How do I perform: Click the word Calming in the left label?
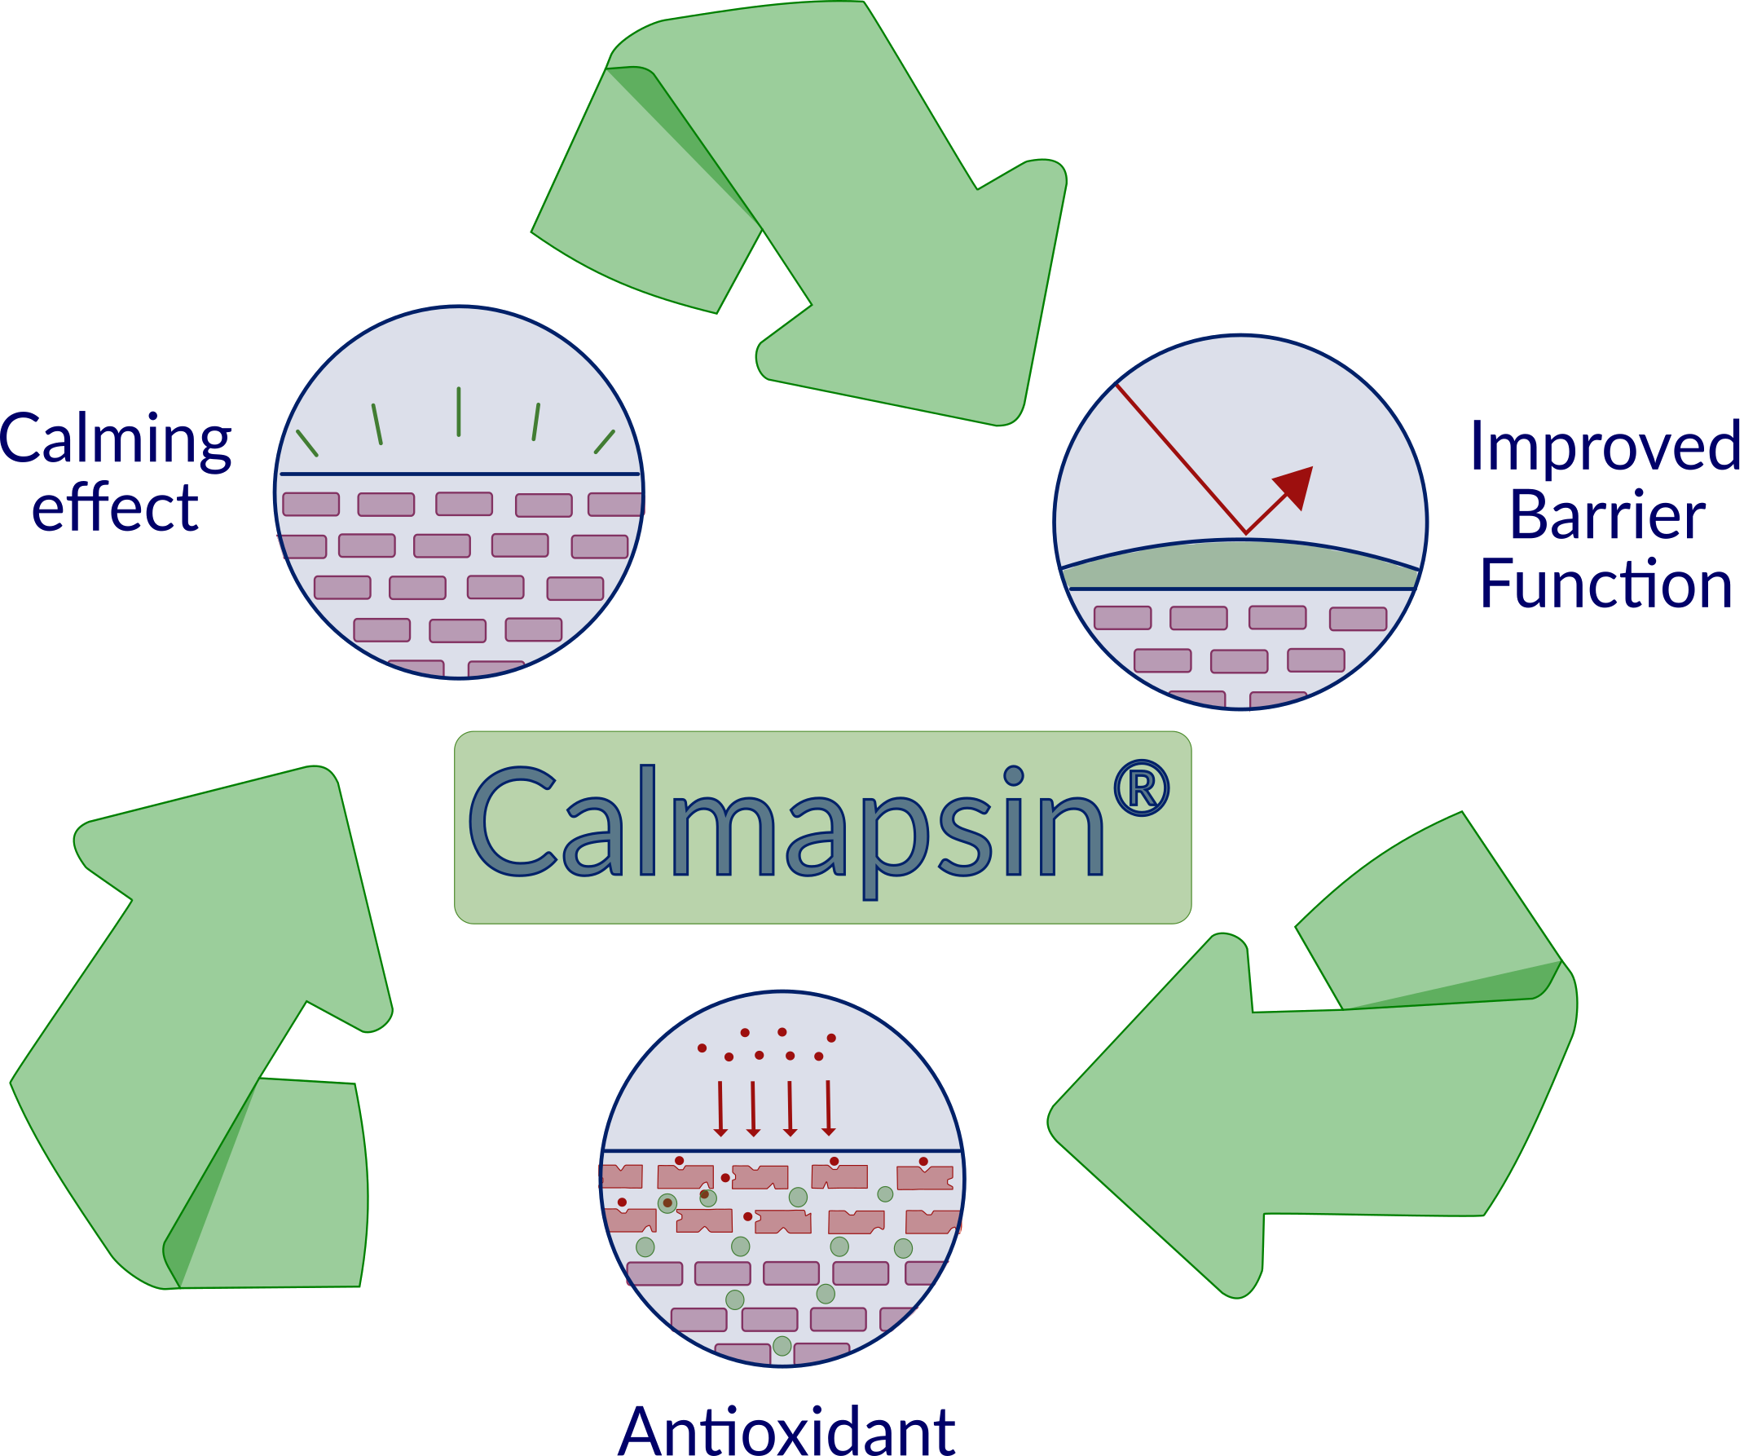coord(117,441)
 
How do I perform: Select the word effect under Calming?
coord(116,509)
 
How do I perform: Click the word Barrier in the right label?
coord(1608,516)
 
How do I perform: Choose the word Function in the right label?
coord(1606,585)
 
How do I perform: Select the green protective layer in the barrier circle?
coord(1240,567)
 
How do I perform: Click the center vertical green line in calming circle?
coord(459,411)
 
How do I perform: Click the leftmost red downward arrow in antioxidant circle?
coord(720,1109)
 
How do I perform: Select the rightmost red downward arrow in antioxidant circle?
coord(828,1109)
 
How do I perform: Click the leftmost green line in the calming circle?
coord(307,443)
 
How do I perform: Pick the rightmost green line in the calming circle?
coord(605,442)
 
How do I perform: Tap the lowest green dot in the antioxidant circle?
coord(782,1344)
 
